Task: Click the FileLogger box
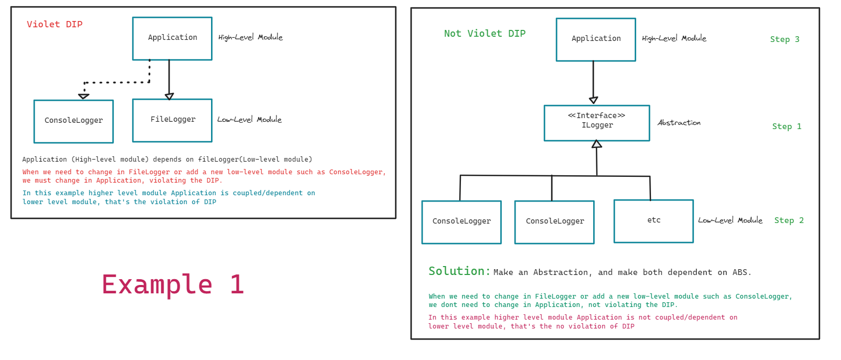point(172,120)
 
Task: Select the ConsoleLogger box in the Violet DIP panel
point(73,121)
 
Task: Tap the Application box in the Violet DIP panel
point(172,38)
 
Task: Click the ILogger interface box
point(596,123)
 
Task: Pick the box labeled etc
point(653,221)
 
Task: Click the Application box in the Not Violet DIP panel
point(595,39)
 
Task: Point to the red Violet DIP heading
point(55,24)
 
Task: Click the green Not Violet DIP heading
point(485,34)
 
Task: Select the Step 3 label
point(784,39)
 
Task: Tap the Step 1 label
point(786,126)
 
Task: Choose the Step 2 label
point(789,220)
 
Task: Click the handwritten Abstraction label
point(679,123)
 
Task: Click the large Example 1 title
point(173,284)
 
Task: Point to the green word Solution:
point(459,271)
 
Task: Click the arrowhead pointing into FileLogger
point(169,97)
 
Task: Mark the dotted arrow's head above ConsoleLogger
point(83,97)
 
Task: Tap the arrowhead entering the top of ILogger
point(593,100)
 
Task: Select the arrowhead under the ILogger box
point(596,144)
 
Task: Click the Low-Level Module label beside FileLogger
point(249,120)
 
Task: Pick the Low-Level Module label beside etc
point(730,220)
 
